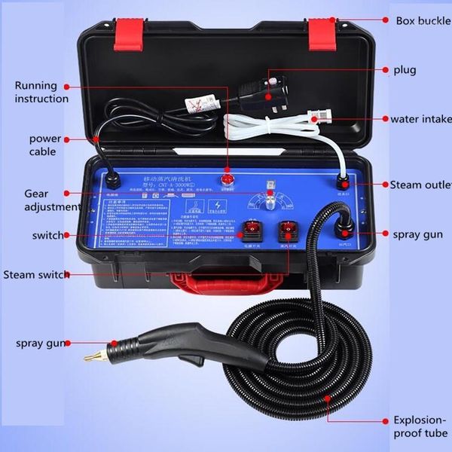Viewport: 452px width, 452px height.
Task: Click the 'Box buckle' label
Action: pyautogui.click(x=422, y=20)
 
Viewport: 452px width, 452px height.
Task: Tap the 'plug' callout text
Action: pyautogui.click(x=404, y=70)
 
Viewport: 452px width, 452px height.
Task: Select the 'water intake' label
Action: pyautogui.click(x=420, y=118)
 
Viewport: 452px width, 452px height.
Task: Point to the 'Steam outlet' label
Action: pyautogui.click(x=420, y=185)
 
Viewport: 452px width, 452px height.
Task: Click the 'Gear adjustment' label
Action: pyautogui.click(x=51, y=200)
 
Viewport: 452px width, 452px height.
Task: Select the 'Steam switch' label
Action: pyautogui.click(x=35, y=274)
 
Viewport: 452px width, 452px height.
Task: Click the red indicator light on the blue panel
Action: pyautogui.click(x=227, y=179)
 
